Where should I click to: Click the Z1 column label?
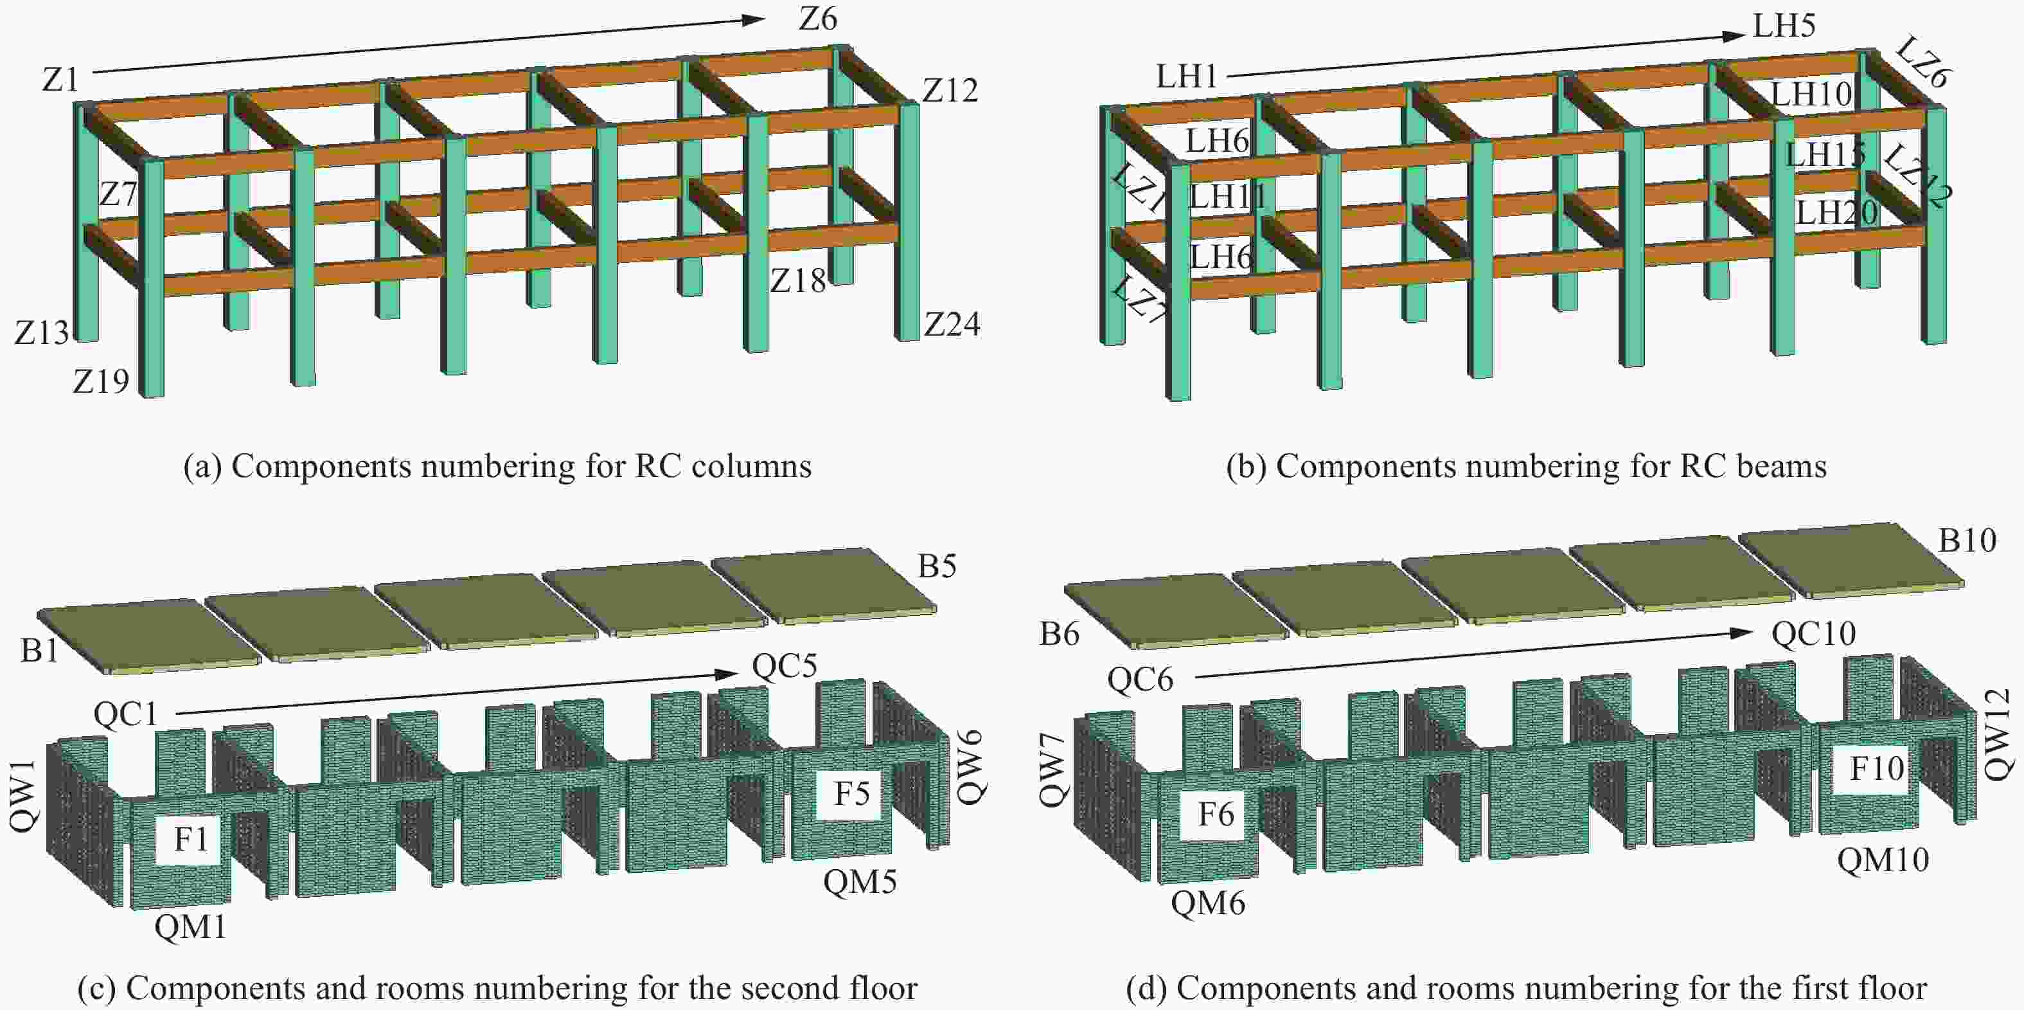click(x=60, y=79)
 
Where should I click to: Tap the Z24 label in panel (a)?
click(x=952, y=324)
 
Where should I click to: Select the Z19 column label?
click(x=101, y=381)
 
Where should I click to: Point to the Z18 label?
click(x=797, y=280)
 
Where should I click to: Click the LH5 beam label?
click(x=1784, y=26)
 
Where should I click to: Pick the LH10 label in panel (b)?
click(x=1811, y=95)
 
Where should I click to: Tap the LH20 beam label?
click(x=1836, y=212)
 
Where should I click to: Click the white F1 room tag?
click(x=191, y=840)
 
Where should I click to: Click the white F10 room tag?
click(x=1876, y=768)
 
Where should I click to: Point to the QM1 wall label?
click(x=190, y=928)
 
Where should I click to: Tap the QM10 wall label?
click(x=1883, y=860)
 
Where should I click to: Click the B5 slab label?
click(x=937, y=566)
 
